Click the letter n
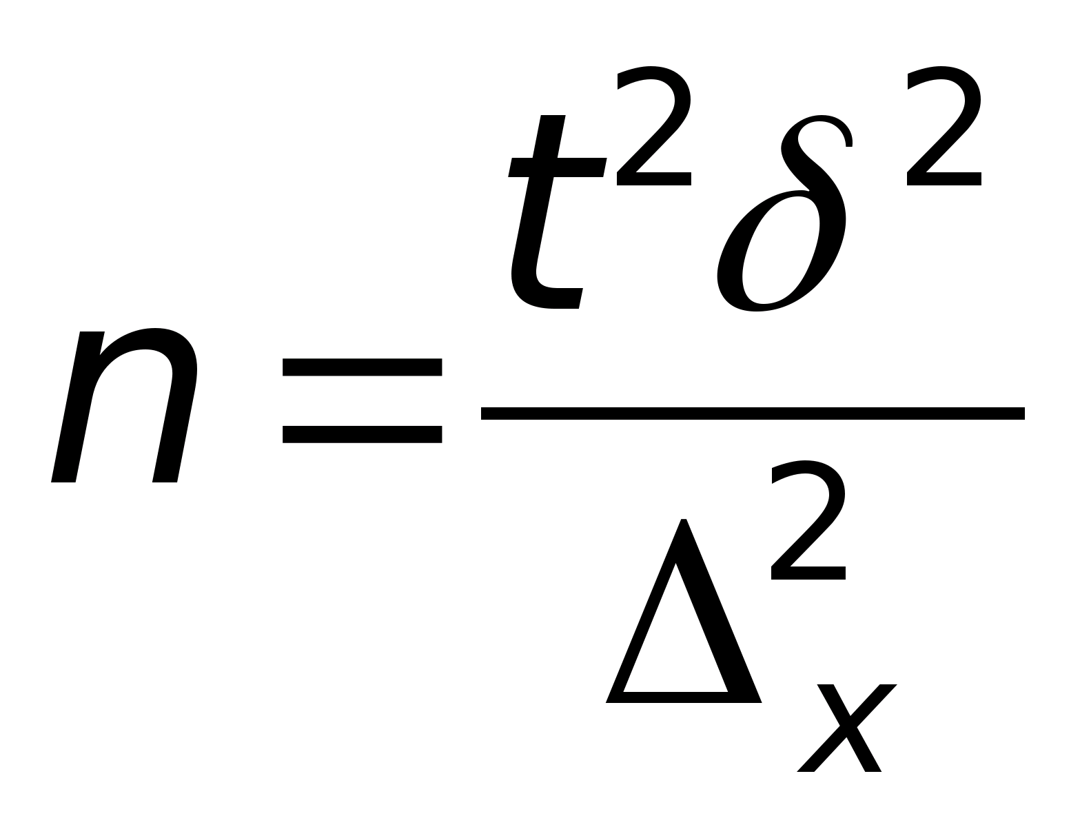pos(124,407)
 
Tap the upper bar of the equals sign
pos(362,366)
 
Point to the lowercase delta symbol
pos(782,221)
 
